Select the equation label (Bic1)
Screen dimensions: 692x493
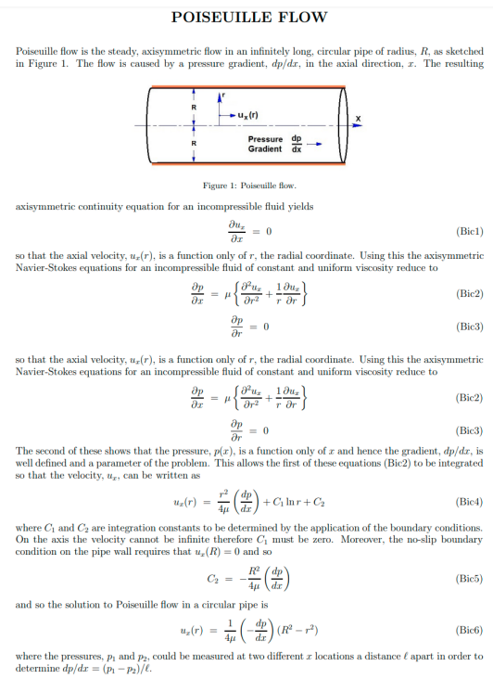(x=464, y=230)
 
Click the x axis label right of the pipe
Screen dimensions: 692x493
(x=358, y=119)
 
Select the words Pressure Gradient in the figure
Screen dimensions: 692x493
(x=266, y=144)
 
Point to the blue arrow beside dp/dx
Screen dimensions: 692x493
(x=314, y=144)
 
